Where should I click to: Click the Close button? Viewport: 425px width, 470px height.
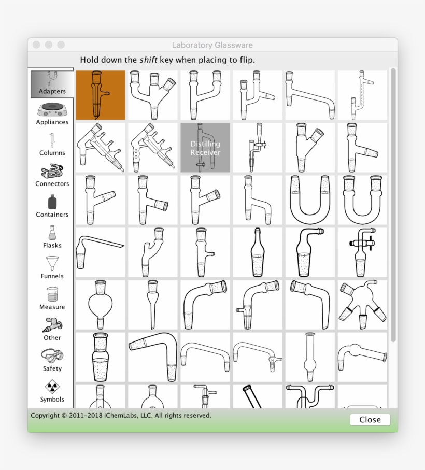coord(370,420)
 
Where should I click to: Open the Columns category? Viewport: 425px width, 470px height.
coord(52,141)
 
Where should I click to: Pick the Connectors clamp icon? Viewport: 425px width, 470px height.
coord(52,172)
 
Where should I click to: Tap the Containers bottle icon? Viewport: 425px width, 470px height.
coord(52,203)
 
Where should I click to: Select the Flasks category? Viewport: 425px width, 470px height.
coord(52,234)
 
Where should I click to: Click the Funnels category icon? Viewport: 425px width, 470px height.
coord(52,264)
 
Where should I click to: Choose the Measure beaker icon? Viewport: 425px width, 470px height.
coord(52,295)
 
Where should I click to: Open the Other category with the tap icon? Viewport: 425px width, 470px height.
coord(52,326)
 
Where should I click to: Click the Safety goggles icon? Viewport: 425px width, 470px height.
coord(52,357)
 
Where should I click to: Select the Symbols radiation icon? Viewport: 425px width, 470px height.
coord(52,388)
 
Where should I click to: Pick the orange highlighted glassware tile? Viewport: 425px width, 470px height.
coord(101,95)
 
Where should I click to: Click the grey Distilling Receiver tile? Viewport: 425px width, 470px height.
coord(205,148)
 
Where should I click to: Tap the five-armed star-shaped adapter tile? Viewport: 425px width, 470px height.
coord(362,305)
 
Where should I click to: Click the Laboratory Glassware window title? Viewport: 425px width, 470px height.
coord(212,46)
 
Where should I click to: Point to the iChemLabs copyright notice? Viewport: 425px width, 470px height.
coord(121,416)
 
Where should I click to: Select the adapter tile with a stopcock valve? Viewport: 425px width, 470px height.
coord(362,252)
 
